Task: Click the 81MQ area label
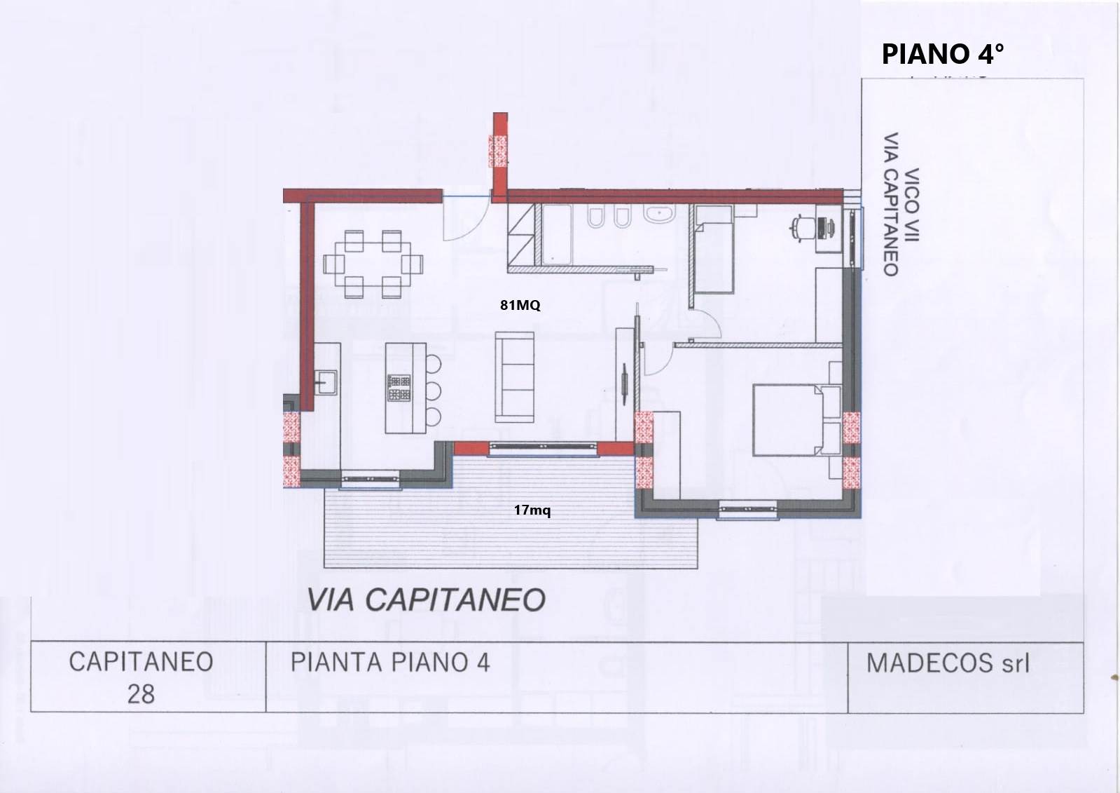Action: click(x=520, y=305)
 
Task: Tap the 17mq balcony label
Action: click(x=532, y=510)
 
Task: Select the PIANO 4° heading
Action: click(x=942, y=54)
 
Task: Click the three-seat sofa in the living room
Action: click(x=515, y=376)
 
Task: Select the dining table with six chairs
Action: click(x=373, y=264)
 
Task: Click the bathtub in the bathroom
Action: click(x=557, y=234)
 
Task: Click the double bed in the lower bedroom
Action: click(x=788, y=419)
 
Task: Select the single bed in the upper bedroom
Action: click(x=713, y=256)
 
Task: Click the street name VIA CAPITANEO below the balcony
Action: click(x=426, y=600)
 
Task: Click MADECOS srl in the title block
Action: click(x=948, y=663)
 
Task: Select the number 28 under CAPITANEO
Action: click(x=141, y=694)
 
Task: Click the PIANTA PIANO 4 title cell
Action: click(x=390, y=662)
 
